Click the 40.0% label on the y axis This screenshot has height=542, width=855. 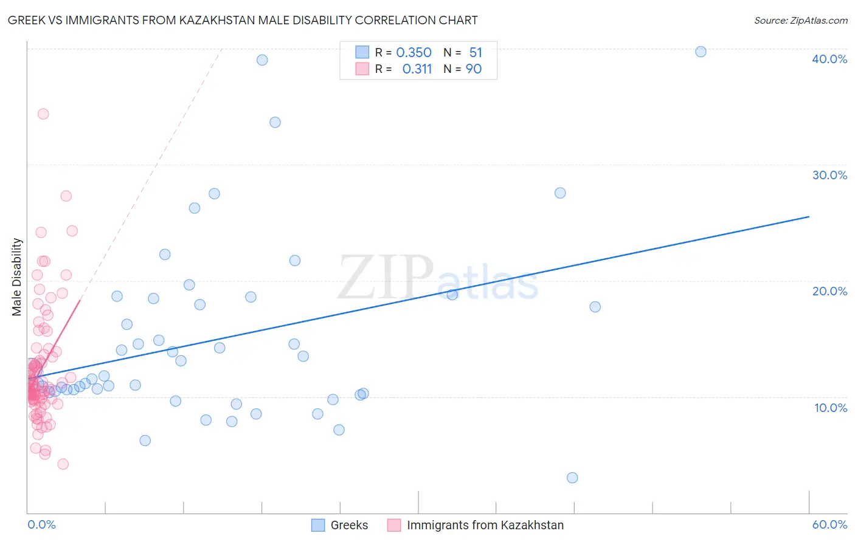tap(829, 59)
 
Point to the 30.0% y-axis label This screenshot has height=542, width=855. tap(829, 175)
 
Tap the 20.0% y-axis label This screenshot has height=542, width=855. tap(829, 291)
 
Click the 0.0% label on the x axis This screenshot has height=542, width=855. tap(41, 524)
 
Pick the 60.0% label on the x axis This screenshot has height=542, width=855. tap(829, 524)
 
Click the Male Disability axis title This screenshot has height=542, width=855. tap(17, 276)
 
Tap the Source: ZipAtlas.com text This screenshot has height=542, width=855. tap(800, 21)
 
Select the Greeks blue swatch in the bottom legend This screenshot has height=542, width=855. tap(318, 525)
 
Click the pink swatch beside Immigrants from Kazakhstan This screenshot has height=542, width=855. tap(394, 525)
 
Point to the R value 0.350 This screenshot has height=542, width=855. tap(414, 52)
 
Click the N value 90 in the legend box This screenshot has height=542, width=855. tap(474, 69)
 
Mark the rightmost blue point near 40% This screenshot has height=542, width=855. tap(701, 52)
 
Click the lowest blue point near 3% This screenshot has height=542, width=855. tap(572, 478)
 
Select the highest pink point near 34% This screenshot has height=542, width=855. tap(43, 114)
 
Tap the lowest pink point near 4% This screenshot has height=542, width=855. tap(63, 464)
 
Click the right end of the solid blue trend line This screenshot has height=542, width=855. tap(809, 216)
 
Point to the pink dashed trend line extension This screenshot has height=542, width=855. tap(152, 170)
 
